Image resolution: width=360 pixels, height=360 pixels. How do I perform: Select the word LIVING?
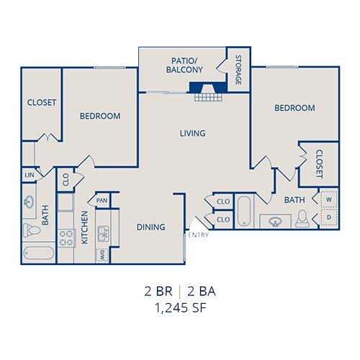point(193,133)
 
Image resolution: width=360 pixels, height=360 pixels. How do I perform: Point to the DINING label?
point(151,227)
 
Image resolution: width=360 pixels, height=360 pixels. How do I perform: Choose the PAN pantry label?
point(102,201)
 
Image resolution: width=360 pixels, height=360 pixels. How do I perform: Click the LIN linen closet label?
point(29,175)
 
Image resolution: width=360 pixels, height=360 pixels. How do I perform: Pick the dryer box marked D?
point(329,217)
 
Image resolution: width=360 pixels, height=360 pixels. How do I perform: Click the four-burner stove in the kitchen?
point(66,236)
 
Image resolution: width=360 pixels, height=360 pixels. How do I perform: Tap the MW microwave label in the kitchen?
point(102,254)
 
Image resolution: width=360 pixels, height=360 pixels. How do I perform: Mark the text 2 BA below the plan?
point(202,293)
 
